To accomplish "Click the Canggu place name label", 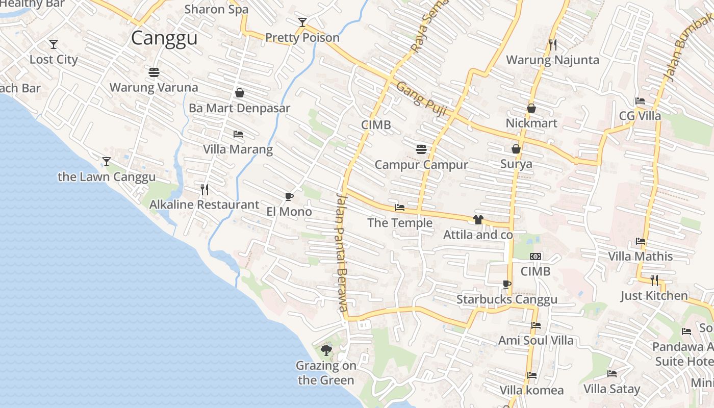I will [x=164, y=38].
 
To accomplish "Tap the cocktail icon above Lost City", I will [x=54, y=44].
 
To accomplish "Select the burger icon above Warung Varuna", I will [x=154, y=72].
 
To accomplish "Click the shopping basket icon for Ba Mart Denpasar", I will [x=239, y=93].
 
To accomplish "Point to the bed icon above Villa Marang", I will [x=238, y=134].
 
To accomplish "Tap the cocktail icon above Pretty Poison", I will [x=302, y=22].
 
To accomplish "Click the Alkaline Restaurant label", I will [x=204, y=205].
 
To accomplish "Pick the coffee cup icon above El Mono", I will [x=289, y=196].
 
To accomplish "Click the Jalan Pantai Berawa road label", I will [x=342, y=252].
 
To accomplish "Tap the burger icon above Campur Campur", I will [x=421, y=149].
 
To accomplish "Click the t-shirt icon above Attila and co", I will [x=478, y=220].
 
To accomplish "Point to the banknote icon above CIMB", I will [x=535, y=257].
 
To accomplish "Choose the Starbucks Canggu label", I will [x=507, y=299].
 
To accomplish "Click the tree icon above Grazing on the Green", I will [x=326, y=350].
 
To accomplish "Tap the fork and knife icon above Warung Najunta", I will [x=553, y=45].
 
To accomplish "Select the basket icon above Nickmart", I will [x=531, y=108].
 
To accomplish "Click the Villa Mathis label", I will [x=641, y=256].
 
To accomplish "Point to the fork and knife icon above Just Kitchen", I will [x=654, y=280].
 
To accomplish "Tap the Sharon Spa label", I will [x=216, y=9].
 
